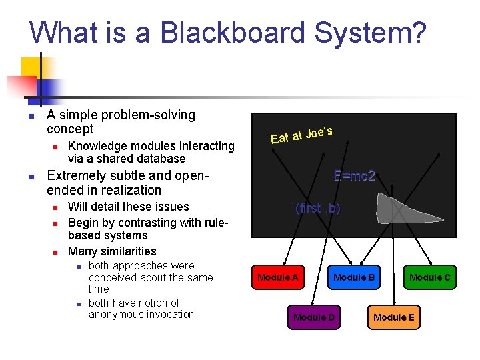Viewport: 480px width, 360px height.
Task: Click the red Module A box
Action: pos(277,277)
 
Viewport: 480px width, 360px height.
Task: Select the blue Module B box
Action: pos(353,277)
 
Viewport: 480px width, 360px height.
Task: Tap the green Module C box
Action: pos(429,277)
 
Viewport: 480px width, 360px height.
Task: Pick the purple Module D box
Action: pos(314,317)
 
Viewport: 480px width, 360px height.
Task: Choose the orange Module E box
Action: pos(393,317)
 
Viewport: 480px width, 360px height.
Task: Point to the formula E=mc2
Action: pos(355,176)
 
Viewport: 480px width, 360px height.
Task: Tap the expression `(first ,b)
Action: pos(316,208)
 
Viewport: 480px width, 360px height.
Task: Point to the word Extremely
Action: pos(77,176)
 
